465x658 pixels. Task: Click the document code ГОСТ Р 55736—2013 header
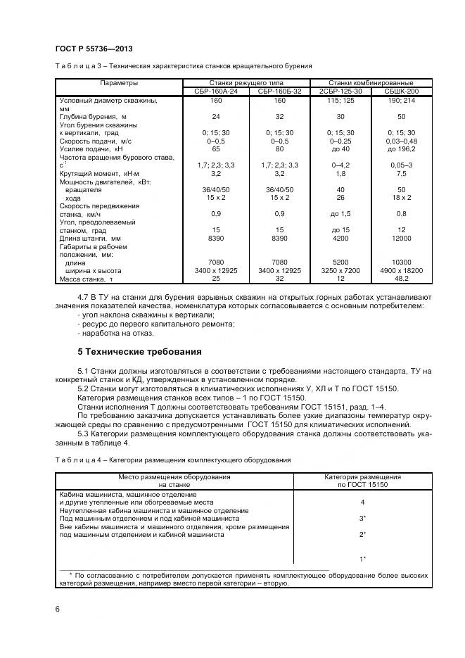click(x=94, y=48)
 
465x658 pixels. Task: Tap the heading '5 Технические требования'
click(x=139, y=351)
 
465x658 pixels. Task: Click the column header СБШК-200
click(x=402, y=91)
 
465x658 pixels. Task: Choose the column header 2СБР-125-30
click(x=340, y=91)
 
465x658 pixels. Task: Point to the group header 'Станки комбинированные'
click(x=371, y=83)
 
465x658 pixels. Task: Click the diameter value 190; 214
click(x=402, y=101)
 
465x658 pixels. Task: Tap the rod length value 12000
click(x=402, y=239)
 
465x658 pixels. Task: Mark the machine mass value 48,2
click(x=402, y=279)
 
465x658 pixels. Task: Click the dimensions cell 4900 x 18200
click(x=402, y=271)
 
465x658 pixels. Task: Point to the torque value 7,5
click(x=402, y=173)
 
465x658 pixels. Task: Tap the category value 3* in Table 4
click(x=362, y=518)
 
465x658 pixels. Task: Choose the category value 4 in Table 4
click(x=362, y=502)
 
